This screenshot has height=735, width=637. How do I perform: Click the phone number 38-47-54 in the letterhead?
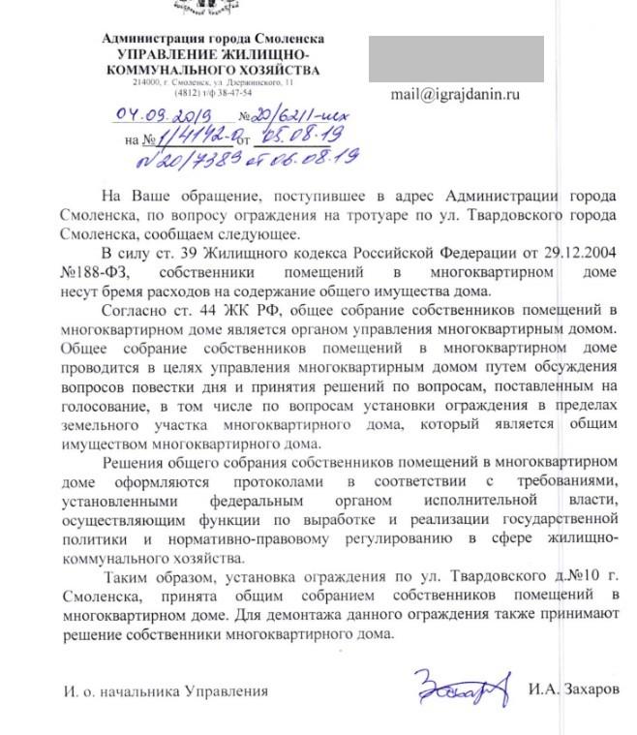pyautogui.click(x=233, y=93)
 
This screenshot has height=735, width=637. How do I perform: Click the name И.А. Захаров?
pyautogui.click(x=572, y=691)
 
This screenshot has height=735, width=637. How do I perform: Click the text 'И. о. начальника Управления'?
pyautogui.click(x=165, y=692)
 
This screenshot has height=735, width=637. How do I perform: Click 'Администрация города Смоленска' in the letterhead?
pyautogui.click(x=213, y=39)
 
